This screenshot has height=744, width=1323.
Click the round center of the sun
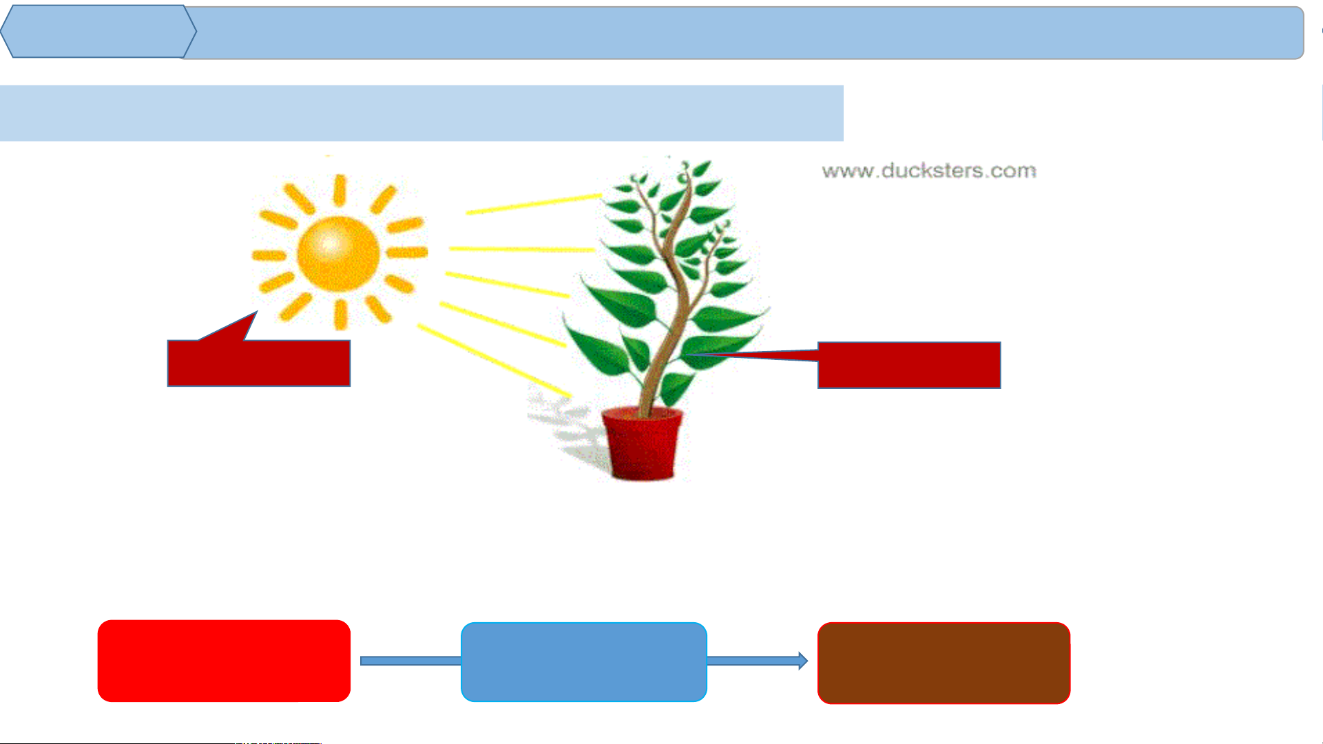[x=338, y=253]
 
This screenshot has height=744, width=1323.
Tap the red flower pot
[x=642, y=443]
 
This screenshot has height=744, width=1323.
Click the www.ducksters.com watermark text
[x=929, y=171]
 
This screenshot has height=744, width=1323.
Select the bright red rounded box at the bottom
[x=224, y=661]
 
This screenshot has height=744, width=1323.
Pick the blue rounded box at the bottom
[x=584, y=662]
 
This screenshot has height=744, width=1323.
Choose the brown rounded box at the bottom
[x=944, y=663]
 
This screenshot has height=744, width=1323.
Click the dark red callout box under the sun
[x=259, y=363]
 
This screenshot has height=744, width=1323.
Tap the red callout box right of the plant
[x=909, y=365]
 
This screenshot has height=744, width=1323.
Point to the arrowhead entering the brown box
[x=803, y=661]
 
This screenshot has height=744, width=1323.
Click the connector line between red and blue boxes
[x=410, y=661]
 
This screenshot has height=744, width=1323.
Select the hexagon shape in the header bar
[x=98, y=32]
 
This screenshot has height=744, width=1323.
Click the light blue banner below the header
[x=421, y=114]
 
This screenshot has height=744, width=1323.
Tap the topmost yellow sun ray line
[x=534, y=204]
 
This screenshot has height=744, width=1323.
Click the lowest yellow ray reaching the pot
[x=494, y=360]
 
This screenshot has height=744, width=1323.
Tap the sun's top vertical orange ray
[x=340, y=190]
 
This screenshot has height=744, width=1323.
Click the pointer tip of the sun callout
[x=257, y=312]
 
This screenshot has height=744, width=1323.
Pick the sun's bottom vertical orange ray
[x=340, y=315]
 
